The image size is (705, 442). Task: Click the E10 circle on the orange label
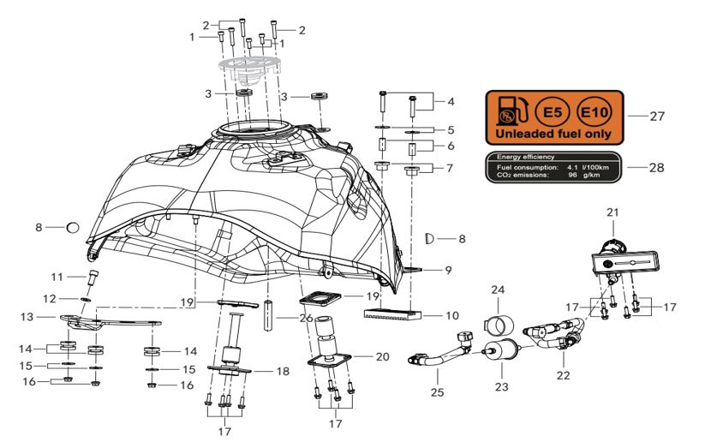pyautogui.click(x=594, y=111)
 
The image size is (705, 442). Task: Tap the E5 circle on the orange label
pyautogui.click(x=553, y=111)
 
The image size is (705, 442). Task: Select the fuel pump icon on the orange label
pyautogui.click(x=512, y=111)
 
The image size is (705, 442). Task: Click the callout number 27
pyautogui.click(x=657, y=116)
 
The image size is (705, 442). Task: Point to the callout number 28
pyautogui.click(x=656, y=168)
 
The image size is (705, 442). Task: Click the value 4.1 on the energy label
pyautogui.click(x=572, y=167)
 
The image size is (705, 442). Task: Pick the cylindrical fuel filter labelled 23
pyautogui.click(x=501, y=351)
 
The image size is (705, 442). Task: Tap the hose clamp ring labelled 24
pyautogui.click(x=499, y=325)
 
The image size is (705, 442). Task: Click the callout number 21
pyautogui.click(x=612, y=212)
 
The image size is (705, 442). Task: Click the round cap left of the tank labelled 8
pyautogui.click(x=73, y=228)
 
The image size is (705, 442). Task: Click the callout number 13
pyautogui.click(x=27, y=317)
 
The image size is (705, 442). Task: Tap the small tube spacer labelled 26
pyautogui.click(x=268, y=315)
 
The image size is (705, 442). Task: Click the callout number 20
pyautogui.click(x=382, y=356)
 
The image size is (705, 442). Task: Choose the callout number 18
pyautogui.click(x=283, y=372)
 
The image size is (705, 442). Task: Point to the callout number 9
pyautogui.click(x=448, y=270)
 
